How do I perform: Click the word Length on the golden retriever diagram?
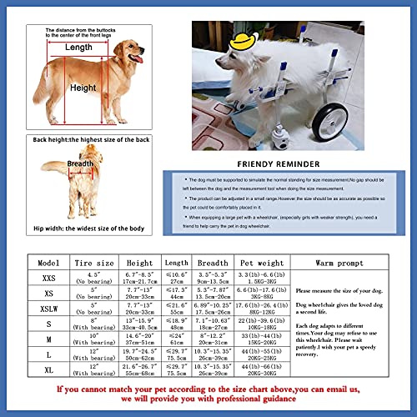pos(78,48)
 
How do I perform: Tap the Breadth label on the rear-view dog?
pos(80,164)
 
